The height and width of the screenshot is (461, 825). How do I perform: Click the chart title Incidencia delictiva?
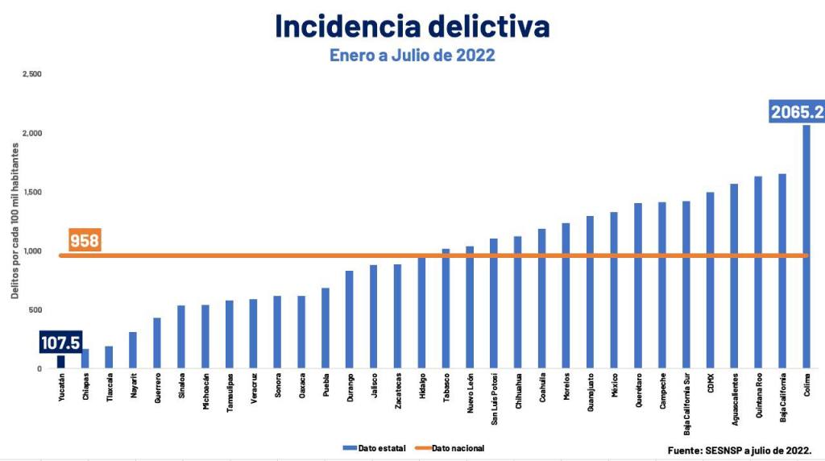tap(412, 26)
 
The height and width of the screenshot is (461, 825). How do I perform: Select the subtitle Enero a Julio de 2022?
tap(412, 56)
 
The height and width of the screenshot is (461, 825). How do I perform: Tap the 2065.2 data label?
tap(797, 112)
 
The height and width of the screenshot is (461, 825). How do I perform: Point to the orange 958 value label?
tap(85, 241)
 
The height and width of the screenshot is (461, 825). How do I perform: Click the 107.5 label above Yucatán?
tap(60, 343)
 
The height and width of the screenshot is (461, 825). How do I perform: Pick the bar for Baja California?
tap(782, 271)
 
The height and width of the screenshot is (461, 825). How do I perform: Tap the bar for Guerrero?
tap(157, 343)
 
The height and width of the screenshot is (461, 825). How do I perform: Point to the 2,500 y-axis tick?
tap(31, 74)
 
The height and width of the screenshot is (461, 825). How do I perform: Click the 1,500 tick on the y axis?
tap(31, 192)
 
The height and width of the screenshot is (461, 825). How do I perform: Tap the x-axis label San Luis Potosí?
tap(494, 398)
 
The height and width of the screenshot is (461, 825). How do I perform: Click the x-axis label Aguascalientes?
tap(734, 398)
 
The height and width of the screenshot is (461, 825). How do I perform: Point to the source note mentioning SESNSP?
tap(740, 450)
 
